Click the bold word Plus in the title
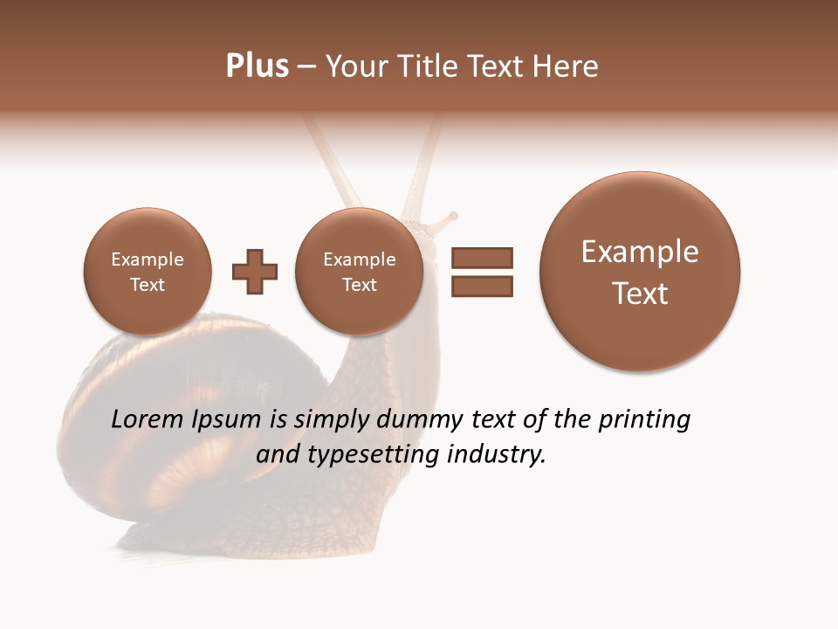click(x=257, y=66)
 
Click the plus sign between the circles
click(x=255, y=272)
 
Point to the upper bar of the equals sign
click(x=482, y=258)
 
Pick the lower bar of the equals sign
click(x=482, y=286)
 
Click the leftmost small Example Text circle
click(x=147, y=272)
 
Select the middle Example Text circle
click(x=359, y=272)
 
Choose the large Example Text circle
click(x=640, y=272)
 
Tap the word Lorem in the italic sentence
click(x=148, y=420)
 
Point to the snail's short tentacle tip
click(x=452, y=215)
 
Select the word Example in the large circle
click(x=640, y=252)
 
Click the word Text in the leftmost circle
click(x=147, y=285)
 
